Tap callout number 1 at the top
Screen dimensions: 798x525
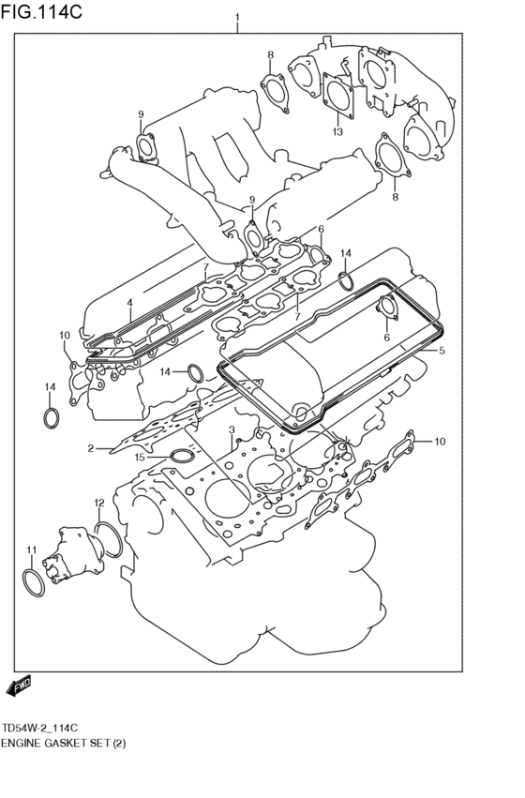pos(237,18)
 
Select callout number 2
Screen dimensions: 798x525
pos(91,448)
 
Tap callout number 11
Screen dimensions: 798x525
pos(31,550)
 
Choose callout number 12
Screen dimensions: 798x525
pos(99,504)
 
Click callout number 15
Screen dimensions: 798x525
pos(140,458)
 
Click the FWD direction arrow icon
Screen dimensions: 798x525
pos(20,687)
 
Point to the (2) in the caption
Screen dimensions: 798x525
pos(118,743)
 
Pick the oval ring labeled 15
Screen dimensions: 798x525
pos(178,457)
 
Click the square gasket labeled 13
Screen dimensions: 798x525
pos(336,94)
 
